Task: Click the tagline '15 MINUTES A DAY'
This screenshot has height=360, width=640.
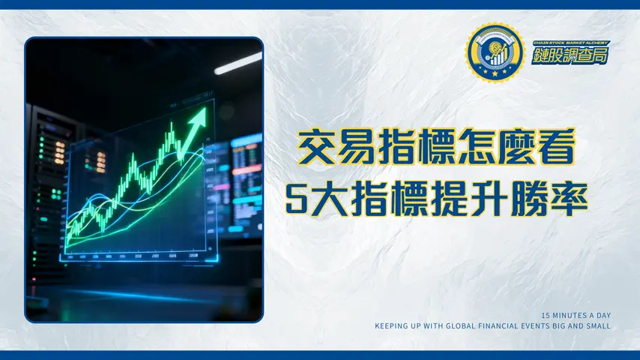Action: coord(577,315)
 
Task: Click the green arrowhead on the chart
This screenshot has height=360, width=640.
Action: coord(199,118)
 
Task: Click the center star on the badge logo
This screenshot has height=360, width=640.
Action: coord(492,69)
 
